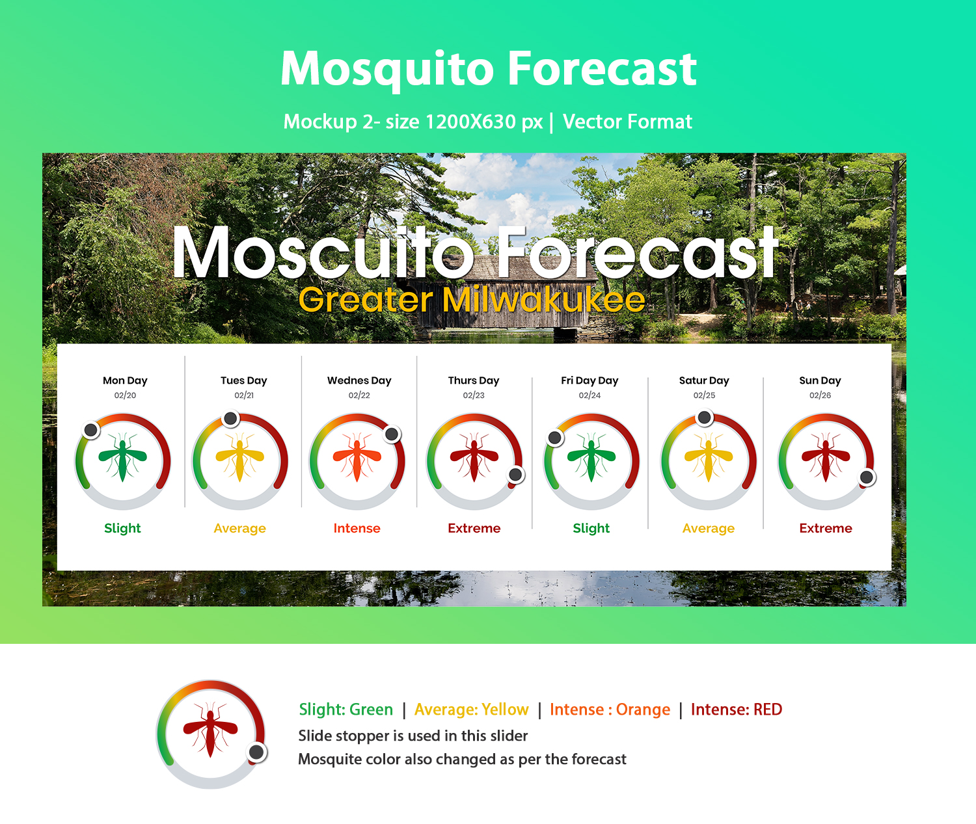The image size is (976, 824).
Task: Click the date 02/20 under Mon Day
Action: click(126, 395)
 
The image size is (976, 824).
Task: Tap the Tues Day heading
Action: click(243, 380)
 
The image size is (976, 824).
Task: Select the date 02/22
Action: click(359, 395)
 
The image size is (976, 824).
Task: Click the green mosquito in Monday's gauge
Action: click(122, 457)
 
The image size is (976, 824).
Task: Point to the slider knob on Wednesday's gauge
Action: click(392, 434)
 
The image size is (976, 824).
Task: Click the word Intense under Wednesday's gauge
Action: click(357, 528)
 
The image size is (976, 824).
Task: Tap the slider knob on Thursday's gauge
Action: click(515, 475)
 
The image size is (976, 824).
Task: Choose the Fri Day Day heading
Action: click(590, 380)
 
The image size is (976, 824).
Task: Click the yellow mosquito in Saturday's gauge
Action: click(708, 457)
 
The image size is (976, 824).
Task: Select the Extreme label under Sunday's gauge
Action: click(826, 528)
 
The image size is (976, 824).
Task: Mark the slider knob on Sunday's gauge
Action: click(867, 477)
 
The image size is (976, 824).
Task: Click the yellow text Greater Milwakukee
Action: click(472, 299)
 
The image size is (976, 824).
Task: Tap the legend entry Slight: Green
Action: click(346, 709)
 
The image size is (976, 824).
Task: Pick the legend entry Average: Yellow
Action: click(471, 709)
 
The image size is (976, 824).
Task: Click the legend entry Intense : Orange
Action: click(610, 709)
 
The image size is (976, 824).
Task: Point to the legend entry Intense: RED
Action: click(737, 709)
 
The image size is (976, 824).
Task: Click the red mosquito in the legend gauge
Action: click(210, 730)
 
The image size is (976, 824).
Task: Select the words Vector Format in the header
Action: click(627, 122)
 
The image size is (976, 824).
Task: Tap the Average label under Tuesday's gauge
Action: click(240, 528)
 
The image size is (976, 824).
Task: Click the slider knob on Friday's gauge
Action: click(555, 438)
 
